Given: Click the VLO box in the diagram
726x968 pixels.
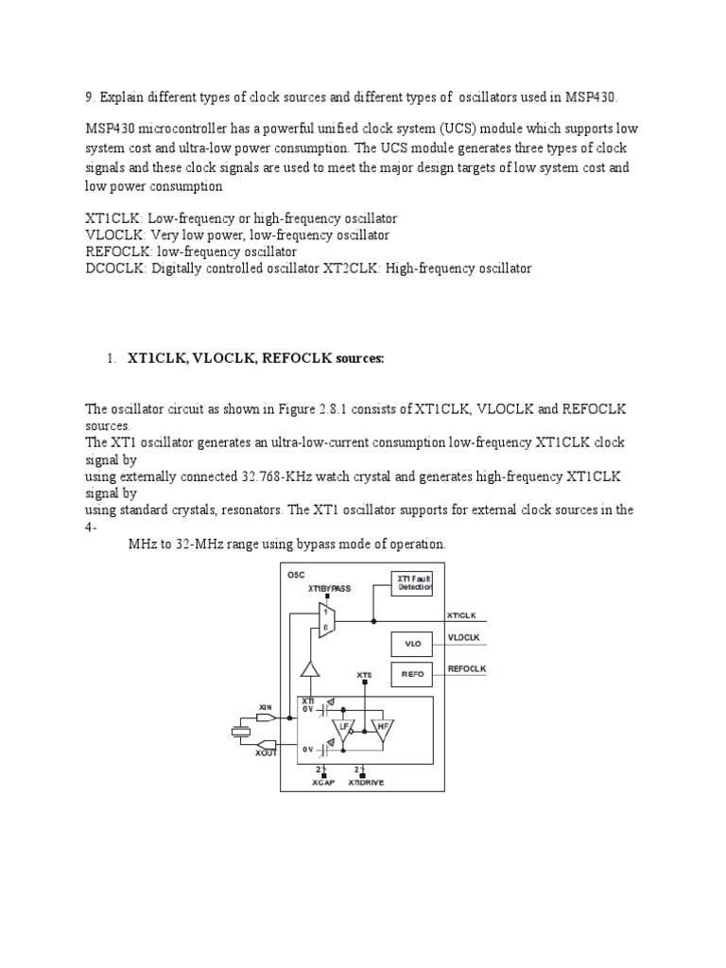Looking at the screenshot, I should click(411, 645).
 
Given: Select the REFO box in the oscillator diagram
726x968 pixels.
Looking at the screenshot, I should click(411, 674).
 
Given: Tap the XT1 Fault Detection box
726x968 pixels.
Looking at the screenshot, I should click(411, 583).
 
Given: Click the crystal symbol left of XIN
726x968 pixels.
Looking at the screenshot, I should click(240, 730).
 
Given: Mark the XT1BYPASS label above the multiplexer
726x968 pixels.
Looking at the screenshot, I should click(328, 588).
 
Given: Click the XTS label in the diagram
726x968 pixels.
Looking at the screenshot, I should click(364, 675).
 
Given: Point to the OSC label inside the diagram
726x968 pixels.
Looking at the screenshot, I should click(296, 574).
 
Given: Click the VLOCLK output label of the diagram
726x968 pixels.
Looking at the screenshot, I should click(463, 638).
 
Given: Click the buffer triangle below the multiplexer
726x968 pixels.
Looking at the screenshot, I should click(308, 669).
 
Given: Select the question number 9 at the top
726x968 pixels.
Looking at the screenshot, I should click(89, 97).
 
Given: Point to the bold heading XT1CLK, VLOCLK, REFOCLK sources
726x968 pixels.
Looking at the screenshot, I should click(256, 358).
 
